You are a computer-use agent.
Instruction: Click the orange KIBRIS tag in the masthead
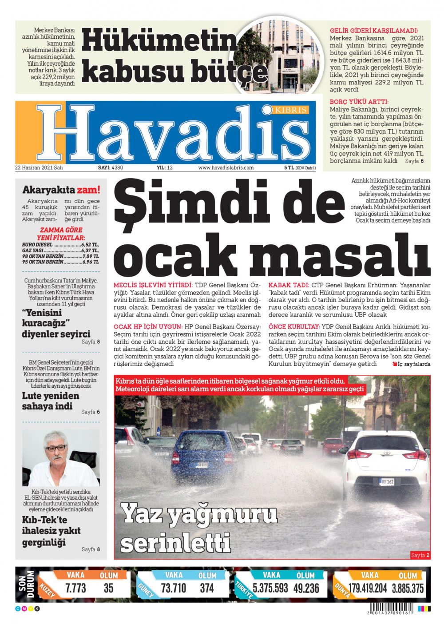click(290, 109)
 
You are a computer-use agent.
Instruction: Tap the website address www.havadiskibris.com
click(226, 168)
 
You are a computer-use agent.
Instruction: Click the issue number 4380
click(118, 168)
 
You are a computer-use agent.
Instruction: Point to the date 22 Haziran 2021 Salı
click(39, 168)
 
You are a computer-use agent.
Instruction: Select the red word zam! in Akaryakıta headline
click(88, 190)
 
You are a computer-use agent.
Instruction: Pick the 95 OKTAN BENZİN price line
click(60, 262)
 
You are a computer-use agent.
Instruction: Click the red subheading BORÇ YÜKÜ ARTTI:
click(359, 102)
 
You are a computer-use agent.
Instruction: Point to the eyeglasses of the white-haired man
click(56, 448)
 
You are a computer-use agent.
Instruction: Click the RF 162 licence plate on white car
click(387, 481)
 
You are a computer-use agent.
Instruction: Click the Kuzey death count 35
click(109, 588)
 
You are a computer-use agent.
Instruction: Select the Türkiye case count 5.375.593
click(270, 588)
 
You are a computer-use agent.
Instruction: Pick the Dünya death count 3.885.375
click(408, 588)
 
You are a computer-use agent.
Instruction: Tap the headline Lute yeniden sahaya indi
click(51, 401)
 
